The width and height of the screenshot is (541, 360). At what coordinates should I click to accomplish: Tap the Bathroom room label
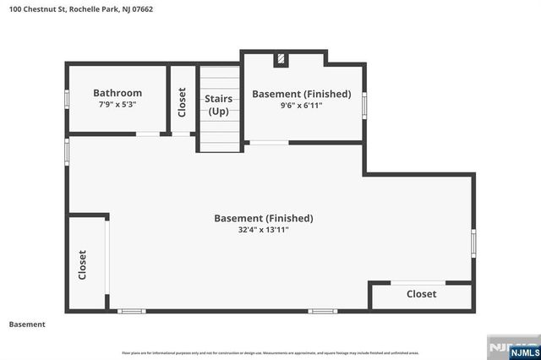tap(117, 93)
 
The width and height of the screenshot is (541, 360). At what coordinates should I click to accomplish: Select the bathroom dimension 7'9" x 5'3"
tap(117, 105)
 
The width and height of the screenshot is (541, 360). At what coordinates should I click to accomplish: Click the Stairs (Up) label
tap(219, 105)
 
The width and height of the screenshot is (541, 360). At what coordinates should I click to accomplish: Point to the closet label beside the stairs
tap(182, 101)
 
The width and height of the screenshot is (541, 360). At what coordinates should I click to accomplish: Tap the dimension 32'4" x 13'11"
tap(263, 230)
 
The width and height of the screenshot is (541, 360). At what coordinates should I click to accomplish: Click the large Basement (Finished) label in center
tap(263, 218)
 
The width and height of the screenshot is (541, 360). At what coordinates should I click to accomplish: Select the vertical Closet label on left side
tap(83, 265)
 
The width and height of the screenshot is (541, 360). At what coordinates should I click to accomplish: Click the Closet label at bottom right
tap(421, 294)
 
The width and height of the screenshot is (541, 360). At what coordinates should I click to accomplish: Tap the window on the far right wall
tap(473, 242)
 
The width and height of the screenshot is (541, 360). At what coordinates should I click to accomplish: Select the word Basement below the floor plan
tap(26, 325)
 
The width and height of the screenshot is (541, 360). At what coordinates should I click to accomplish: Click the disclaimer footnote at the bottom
tap(270, 352)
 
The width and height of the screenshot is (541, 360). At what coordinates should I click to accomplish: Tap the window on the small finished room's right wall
tap(364, 104)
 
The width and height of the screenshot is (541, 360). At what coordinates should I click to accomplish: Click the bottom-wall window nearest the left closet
tap(132, 311)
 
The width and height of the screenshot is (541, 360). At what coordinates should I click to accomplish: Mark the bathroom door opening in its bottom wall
tap(148, 134)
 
